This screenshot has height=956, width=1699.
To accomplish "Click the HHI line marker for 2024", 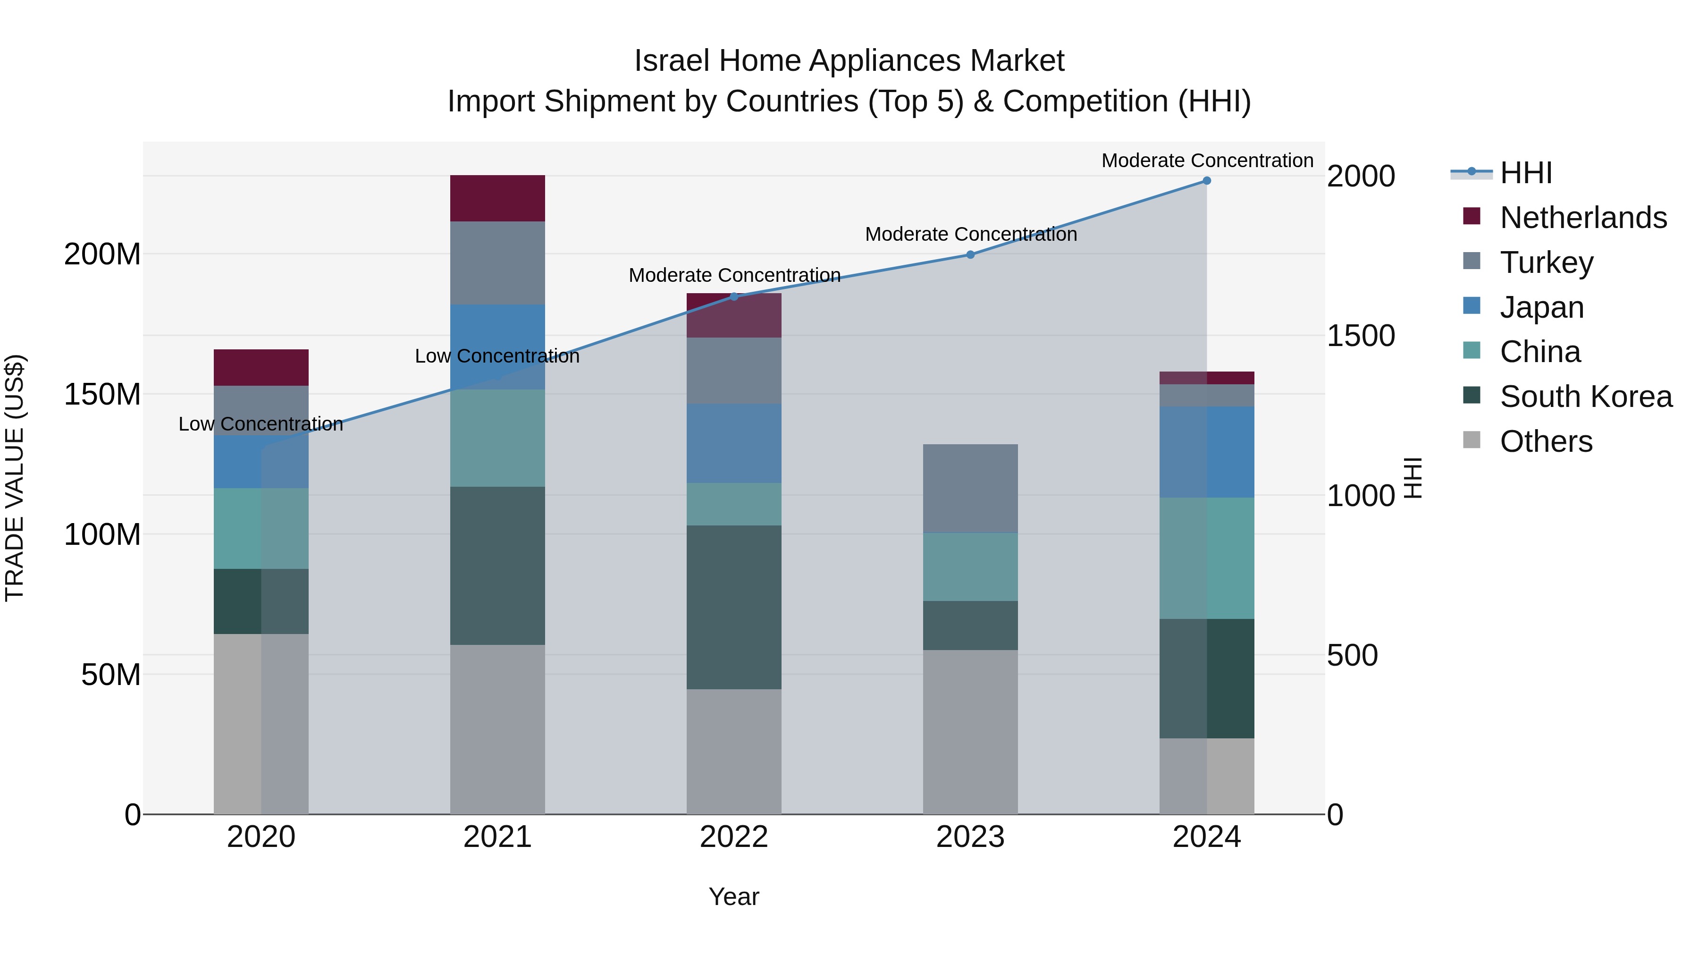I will click(1206, 181).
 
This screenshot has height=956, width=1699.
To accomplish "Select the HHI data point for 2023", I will click(970, 254).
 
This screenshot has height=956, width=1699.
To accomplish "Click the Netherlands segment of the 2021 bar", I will click(497, 198).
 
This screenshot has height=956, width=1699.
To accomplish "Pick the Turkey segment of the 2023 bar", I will click(970, 488).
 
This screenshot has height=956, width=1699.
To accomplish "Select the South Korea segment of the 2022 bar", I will click(734, 607).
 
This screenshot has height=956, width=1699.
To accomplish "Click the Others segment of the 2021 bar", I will click(497, 729).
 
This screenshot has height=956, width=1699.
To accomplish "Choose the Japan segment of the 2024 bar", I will click(1206, 452).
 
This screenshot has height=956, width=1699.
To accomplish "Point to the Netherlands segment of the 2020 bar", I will click(261, 367).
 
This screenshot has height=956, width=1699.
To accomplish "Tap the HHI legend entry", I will click(1525, 173).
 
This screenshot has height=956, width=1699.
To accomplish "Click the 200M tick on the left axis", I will click(102, 254).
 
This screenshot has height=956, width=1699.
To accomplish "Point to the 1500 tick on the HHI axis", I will click(1360, 336).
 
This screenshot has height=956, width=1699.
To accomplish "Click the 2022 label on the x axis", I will click(734, 837).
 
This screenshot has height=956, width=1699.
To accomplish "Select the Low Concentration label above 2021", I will click(497, 356).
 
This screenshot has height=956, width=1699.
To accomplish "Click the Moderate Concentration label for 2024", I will click(1207, 161).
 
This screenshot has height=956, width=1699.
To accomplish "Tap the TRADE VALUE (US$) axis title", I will click(15, 478).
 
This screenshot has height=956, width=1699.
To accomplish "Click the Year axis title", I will click(733, 897).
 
